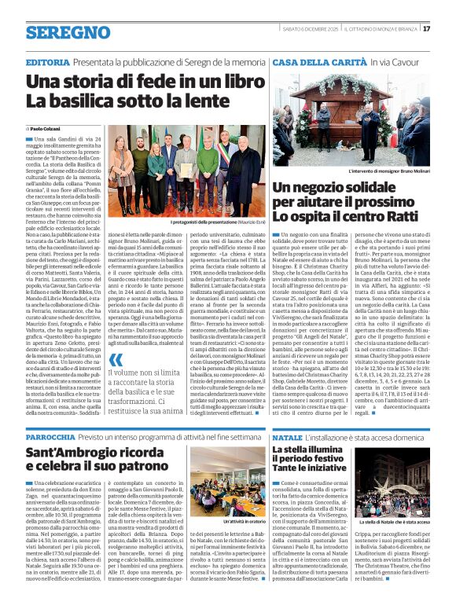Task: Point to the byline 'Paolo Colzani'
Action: coord(46,127)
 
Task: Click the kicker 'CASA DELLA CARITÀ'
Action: coord(310,62)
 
